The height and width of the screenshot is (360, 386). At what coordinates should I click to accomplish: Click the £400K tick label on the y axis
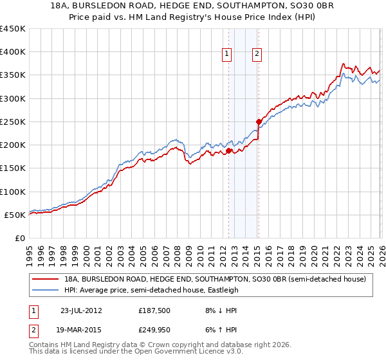[13, 52]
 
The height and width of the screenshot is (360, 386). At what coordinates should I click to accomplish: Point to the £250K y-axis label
[13, 122]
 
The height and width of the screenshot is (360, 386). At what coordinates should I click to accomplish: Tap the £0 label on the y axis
[21, 238]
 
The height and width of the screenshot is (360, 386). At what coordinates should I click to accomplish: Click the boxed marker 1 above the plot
[228, 55]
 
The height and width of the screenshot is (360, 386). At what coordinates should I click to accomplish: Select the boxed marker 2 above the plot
[257, 55]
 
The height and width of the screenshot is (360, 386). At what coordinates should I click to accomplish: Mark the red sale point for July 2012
[228, 151]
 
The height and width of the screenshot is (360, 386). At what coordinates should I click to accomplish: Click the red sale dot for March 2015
[258, 122]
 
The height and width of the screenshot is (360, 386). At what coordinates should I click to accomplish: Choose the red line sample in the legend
[46, 279]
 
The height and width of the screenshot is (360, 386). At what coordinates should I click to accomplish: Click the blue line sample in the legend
[46, 290]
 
